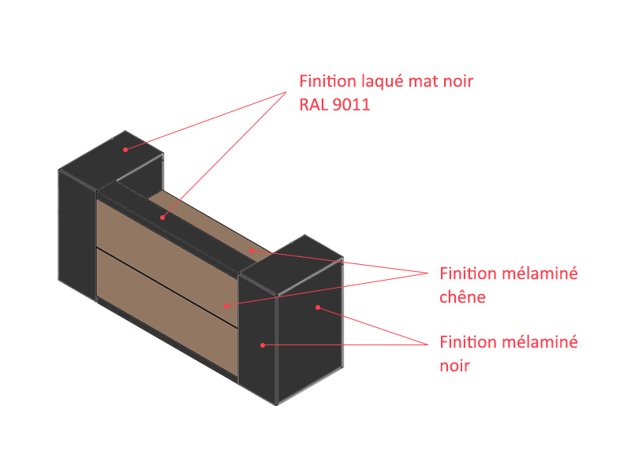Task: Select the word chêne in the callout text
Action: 462,297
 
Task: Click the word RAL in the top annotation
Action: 313,104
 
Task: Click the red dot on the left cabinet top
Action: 125,148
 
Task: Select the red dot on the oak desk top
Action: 252,250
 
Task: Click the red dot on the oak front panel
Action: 225,305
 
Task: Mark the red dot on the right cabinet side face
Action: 318,307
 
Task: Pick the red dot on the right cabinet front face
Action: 263,345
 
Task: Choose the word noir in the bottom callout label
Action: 455,366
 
